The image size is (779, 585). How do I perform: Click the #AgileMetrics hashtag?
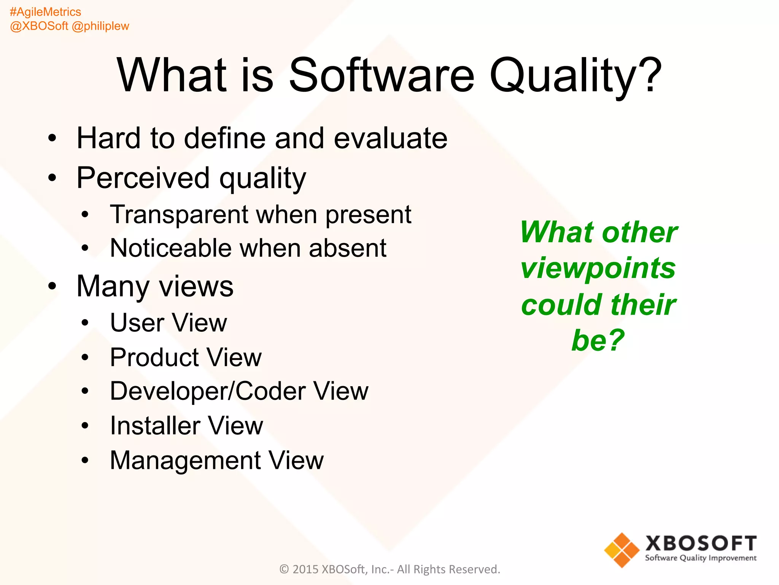click(x=45, y=12)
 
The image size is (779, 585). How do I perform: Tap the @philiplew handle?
click(x=100, y=26)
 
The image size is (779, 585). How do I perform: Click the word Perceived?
click(x=143, y=178)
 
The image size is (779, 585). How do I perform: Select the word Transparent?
click(x=179, y=214)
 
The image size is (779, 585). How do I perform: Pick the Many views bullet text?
click(x=155, y=286)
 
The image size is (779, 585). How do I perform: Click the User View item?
click(x=168, y=323)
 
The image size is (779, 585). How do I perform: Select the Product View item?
click(x=186, y=358)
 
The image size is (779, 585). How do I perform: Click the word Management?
click(x=185, y=460)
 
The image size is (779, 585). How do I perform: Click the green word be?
click(x=598, y=340)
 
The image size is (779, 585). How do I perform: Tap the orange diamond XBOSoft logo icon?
click(x=622, y=550)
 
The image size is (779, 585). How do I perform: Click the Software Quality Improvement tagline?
click(x=701, y=558)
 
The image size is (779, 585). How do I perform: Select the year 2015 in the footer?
click(x=305, y=569)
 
